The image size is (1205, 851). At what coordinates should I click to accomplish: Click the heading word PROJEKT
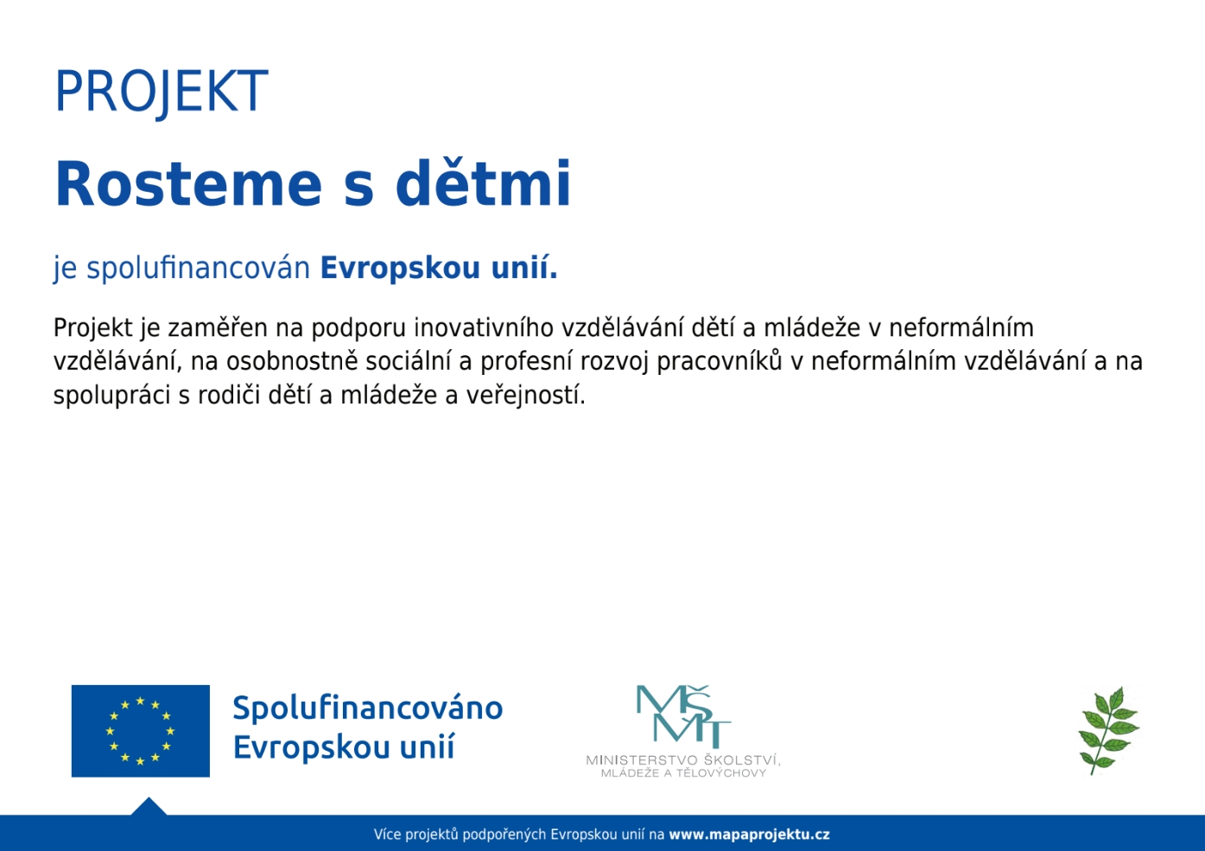[x=162, y=92]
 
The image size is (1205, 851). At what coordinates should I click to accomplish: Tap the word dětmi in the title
[x=484, y=184]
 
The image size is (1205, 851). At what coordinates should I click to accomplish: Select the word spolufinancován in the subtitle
[x=199, y=268]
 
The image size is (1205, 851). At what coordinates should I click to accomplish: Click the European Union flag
[x=140, y=731]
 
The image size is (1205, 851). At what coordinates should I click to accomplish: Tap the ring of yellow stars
[x=140, y=731]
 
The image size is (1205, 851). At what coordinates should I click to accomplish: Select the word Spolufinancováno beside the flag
[x=368, y=708]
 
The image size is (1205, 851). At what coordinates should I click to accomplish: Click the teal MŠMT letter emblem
[x=682, y=715]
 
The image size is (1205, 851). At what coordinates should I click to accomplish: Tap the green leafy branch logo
[x=1109, y=730]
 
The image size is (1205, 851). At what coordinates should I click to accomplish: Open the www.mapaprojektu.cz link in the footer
[x=749, y=835]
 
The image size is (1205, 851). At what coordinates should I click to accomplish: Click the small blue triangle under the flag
[x=149, y=807]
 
